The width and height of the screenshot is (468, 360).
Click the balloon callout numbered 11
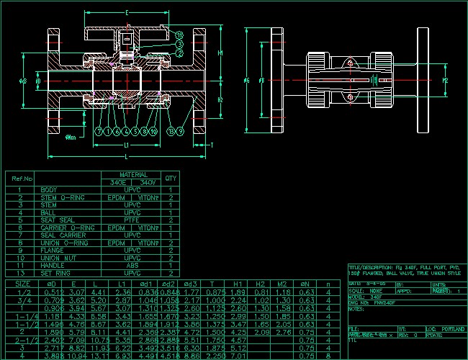179,35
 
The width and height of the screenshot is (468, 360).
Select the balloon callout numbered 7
99,132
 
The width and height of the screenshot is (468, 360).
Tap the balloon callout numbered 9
180,132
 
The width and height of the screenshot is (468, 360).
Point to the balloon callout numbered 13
171,132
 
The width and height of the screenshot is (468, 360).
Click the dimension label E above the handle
127,14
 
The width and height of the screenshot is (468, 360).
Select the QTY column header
171,178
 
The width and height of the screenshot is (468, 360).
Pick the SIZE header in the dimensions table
22,284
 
